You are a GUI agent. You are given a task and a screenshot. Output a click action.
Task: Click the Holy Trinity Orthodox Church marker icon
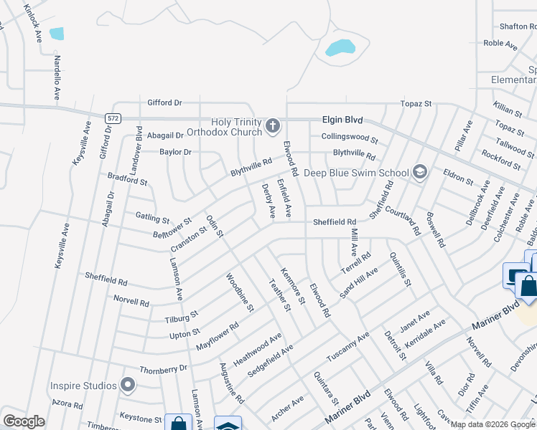pos(272,127)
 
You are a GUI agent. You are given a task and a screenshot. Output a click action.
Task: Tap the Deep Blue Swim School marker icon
pos(420,172)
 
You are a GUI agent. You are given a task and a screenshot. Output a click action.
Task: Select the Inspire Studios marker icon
pos(128,386)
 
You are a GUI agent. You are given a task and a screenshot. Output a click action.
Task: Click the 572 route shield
pos(111,118)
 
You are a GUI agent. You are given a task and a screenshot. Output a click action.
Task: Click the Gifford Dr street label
pos(164,102)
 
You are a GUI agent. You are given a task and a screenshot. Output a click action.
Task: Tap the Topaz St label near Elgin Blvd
pos(416,104)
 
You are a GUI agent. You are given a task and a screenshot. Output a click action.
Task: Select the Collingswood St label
pos(350,137)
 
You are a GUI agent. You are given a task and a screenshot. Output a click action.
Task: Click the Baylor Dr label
pos(175,152)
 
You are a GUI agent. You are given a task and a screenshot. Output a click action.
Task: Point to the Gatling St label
pos(152,216)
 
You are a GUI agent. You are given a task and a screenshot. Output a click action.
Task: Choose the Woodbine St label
pos(240,293)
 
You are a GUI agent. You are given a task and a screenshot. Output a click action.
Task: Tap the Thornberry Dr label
pos(163,368)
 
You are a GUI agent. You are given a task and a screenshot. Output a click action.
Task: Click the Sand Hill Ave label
pos(358,283)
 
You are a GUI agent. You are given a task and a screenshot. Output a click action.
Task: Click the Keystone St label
pos(141,418)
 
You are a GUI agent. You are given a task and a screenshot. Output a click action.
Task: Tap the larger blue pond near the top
pos(340,48)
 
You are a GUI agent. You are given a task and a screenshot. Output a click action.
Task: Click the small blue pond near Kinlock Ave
pos(56,34)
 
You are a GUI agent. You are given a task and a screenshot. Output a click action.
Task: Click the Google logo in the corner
pos(24,421)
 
